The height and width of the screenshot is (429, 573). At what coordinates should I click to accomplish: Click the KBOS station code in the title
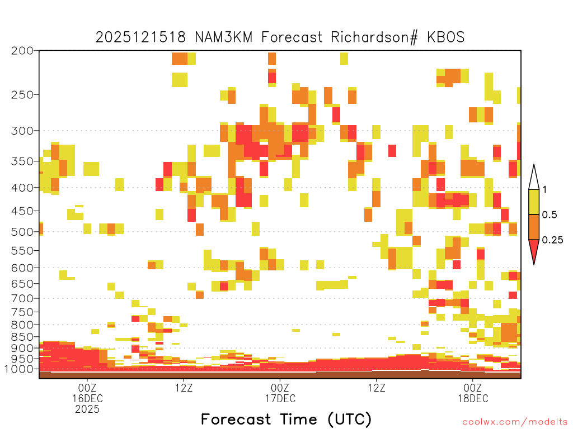click(x=445, y=37)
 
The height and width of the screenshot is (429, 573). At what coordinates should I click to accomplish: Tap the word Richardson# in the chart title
click(x=374, y=37)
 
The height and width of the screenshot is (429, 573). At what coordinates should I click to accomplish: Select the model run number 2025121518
click(x=140, y=37)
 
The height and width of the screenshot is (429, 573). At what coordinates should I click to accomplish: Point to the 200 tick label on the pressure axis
click(x=22, y=51)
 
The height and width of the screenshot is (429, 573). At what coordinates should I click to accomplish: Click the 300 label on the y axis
click(x=22, y=131)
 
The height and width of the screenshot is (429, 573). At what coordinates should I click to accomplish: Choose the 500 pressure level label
click(x=22, y=232)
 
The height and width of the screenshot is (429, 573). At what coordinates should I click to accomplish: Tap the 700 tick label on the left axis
click(x=22, y=298)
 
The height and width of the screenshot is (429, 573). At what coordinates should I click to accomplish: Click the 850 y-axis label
click(x=22, y=337)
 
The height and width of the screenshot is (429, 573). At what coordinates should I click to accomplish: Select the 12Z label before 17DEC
click(x=184, y=388)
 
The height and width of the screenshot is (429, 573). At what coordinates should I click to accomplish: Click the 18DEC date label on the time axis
click(x=473, y=398)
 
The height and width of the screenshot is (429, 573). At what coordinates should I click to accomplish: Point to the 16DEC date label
click(x=87, y=398)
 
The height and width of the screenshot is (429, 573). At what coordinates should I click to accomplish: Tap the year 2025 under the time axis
click(x=87, y=409)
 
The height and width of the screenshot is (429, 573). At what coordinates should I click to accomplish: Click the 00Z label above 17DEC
click(x=280, y=388)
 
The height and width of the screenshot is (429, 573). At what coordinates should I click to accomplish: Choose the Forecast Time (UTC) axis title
click(x=286, y=420)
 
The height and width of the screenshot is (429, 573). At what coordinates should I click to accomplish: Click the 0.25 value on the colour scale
click(x=552, y=240)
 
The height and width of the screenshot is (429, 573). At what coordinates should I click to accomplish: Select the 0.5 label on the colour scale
click(x=549, y=214)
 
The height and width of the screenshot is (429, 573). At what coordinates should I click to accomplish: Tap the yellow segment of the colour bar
click(x=534, y=202)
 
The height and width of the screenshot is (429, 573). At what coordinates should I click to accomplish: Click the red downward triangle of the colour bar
click(x=534, y=250)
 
